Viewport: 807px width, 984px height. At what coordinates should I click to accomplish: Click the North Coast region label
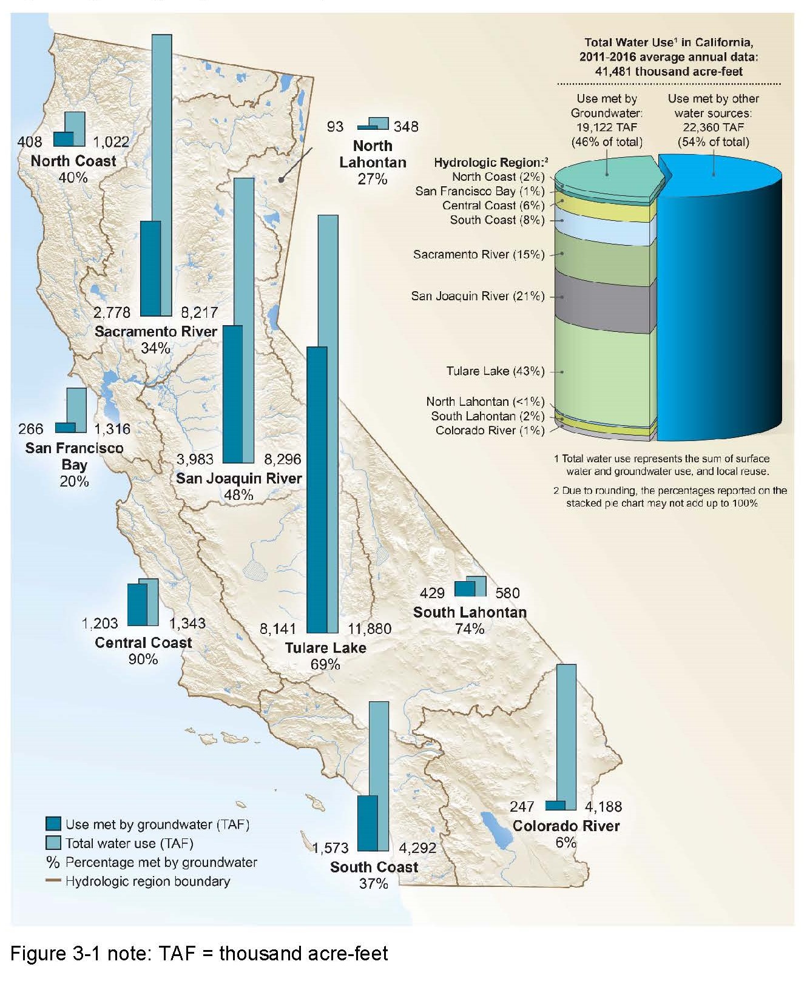[73, 161]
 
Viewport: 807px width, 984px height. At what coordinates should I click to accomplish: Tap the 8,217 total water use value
[199, 313]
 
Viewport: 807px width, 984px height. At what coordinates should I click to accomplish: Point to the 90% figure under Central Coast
[143, 659]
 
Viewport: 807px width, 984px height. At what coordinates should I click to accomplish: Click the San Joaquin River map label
[239, 479]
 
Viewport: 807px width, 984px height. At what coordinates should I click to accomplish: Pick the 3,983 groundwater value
[196, 459]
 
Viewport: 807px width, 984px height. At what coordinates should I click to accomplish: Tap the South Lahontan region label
[470, 613]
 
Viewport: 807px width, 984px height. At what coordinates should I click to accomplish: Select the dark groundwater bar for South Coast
[368, 823]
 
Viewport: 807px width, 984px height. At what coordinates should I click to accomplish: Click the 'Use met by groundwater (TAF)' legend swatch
[53, 824]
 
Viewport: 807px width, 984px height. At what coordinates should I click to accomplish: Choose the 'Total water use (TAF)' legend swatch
[53, 843]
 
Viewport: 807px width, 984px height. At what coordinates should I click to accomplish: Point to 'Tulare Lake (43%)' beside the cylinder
[495, 371]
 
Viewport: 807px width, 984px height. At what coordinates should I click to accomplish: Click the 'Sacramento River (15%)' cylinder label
[479, 255]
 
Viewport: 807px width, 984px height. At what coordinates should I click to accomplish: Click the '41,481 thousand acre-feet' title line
[669, 72]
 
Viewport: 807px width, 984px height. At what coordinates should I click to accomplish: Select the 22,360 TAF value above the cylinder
[713, 127]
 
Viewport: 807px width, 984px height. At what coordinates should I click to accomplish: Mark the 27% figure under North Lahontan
[373, 179]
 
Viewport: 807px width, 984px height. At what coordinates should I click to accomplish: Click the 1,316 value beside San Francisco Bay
[113, 429]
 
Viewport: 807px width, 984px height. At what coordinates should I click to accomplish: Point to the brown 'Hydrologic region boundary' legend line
[53, 881]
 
